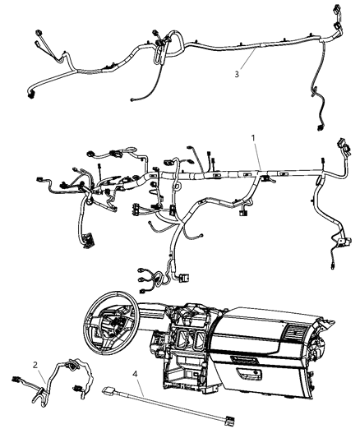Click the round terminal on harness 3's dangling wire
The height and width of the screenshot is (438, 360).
[x=133, y=102]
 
